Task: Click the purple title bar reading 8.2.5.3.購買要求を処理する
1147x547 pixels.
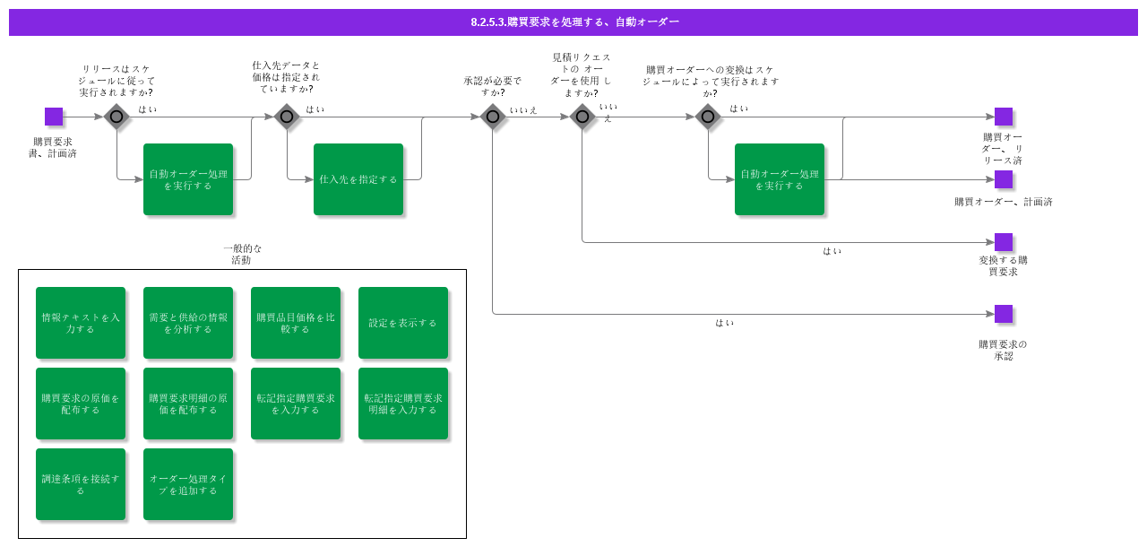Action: (573, 22)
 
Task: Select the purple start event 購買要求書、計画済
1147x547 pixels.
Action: (54, 117)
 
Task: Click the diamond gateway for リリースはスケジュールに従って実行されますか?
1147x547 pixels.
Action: (116, 117)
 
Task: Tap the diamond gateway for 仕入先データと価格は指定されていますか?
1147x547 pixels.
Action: (287, 117)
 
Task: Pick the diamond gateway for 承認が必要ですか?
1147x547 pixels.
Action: (493, 117)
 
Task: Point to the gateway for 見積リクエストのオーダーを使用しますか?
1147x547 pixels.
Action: (582, 117)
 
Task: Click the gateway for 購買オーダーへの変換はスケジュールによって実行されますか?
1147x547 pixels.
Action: (708, 117)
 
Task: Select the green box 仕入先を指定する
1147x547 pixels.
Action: (358, 179)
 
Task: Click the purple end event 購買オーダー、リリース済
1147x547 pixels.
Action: (1004, 117)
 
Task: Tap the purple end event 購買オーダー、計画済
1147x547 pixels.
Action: (1004, 179)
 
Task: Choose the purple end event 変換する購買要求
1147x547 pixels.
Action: (1004, 242)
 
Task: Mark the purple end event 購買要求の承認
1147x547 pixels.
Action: (1004, 314)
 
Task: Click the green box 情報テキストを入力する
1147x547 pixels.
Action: (81, 323)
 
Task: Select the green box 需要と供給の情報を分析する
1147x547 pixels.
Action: (188, 323)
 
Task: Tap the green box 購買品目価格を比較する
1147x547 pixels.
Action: (296, 323)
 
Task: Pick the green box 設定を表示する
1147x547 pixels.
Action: (403, 323)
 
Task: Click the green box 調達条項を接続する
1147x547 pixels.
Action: (81, 484)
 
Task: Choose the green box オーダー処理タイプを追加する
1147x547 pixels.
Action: (188, 484)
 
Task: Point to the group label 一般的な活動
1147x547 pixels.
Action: (242, 255)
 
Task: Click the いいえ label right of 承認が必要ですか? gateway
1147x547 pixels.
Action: (523, 110)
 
